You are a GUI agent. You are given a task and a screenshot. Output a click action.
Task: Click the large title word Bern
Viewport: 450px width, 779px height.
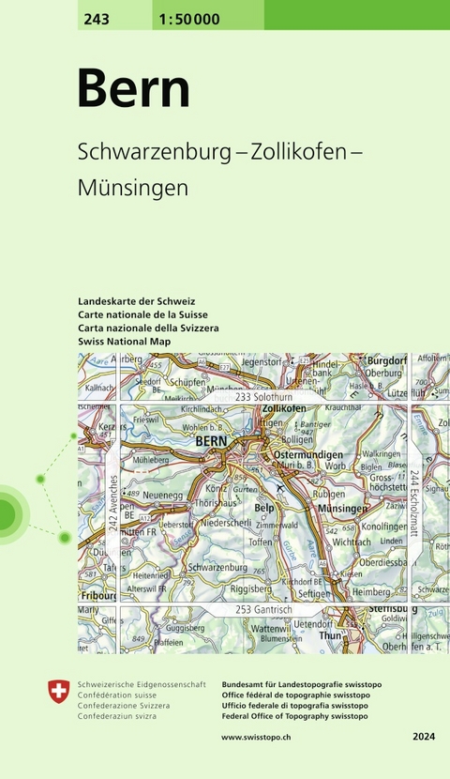133,89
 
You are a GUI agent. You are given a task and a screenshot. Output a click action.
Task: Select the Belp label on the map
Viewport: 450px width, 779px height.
265,507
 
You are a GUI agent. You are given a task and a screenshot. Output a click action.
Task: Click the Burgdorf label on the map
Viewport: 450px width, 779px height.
386,359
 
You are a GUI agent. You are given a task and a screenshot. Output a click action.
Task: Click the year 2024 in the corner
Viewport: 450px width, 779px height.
424,738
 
